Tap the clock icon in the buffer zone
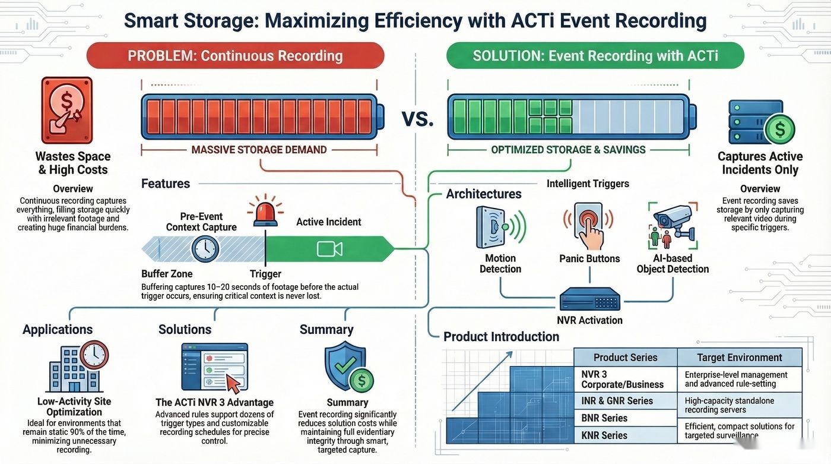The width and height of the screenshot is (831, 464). point(205,249)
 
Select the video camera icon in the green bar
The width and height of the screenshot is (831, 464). point(329,249)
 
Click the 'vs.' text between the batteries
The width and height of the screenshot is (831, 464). point(418,118)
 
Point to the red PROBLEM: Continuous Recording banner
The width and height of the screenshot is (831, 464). point(235,56)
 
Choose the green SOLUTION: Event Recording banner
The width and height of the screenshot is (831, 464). point(595,56)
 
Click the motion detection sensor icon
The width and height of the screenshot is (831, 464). point(500,227)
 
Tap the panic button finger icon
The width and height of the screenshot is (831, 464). point(589,226)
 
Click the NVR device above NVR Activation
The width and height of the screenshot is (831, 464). point(589,299)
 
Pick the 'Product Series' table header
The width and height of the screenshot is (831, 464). point(626,358)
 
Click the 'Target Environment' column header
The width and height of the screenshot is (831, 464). point(740,358)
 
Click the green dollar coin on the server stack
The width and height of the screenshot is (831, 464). point(780,129)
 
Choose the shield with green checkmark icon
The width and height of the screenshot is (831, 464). point(345,365)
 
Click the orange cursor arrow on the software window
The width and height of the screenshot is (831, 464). point(233,384)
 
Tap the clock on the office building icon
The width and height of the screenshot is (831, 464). point(94,355)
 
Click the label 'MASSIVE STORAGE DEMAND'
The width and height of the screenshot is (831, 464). point(259,150)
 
